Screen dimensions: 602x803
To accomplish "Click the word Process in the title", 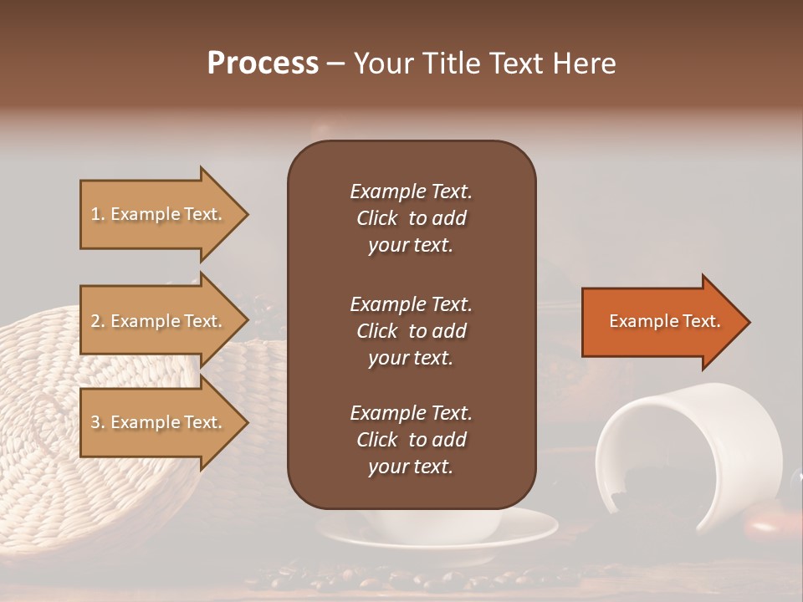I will tap(263, 64).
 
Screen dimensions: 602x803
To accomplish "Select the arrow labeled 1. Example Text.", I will tap(159, 214).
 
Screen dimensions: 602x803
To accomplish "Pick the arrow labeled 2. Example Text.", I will tap(159, 321).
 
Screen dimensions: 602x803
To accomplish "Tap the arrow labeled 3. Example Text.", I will tap(159, 422).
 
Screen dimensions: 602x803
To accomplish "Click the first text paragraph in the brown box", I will tap(411, 218).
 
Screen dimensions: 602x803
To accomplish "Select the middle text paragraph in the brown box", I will tap(411, 331).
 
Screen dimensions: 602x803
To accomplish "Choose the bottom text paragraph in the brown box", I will tap(411, 440).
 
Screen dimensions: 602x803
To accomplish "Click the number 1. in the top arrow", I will tap(98, 214).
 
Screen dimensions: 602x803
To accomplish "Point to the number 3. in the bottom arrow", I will tap(98, 422).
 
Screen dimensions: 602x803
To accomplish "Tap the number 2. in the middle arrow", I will tap(98, 321).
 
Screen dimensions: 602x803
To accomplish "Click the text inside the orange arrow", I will tap(664, 321).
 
